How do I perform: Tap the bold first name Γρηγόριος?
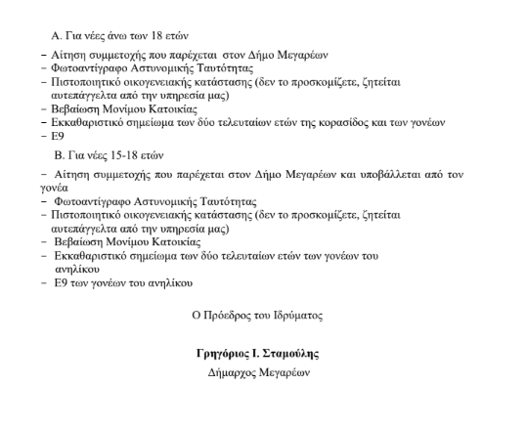point(224,353)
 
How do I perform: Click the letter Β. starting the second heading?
point(62,155)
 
